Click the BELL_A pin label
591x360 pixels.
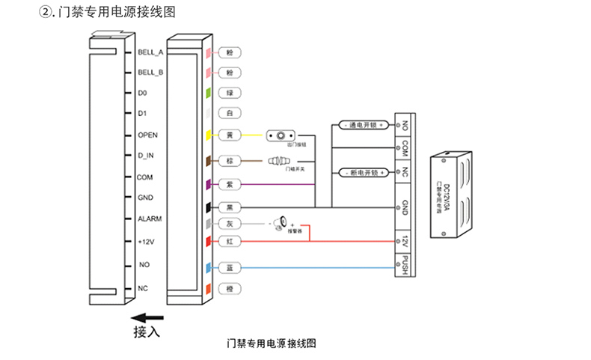point(150,52)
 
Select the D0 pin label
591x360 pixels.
point(142,94)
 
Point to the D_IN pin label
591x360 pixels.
point(146,156)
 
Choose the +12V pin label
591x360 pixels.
point(146,241)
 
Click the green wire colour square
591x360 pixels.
point(210,94)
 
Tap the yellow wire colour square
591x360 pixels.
point(210,135)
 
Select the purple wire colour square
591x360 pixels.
point(210,183)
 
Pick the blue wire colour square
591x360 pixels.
point(210,267)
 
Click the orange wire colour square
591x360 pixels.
point(210,288)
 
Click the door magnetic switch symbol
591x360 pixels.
point(278,160)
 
